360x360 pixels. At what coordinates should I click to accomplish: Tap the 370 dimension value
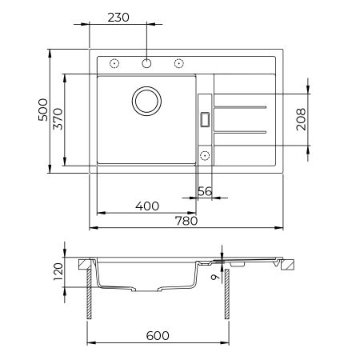[x=58, y=120]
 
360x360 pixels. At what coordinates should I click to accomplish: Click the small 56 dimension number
[x=204, y=191]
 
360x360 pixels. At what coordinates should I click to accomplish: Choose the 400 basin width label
[x=147, y=206]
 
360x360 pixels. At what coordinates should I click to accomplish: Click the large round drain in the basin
[x=147, y=100]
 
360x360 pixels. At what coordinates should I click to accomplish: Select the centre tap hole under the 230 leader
[x=147, y=62]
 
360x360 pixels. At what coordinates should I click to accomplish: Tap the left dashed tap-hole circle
[x=114, y=63]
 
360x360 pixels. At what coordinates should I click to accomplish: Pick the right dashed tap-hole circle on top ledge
[x=179, y=63]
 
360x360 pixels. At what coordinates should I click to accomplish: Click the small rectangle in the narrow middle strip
[x=204, y=118]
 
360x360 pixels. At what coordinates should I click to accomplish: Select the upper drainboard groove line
[x=242, y=106]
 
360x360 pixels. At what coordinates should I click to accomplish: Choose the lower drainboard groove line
[x=242, y=130]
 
